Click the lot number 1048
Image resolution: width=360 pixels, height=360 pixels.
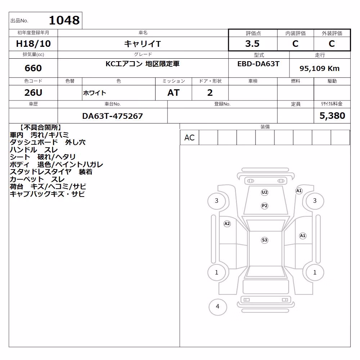tap(64, 21)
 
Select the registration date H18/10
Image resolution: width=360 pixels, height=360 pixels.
tap(33, 44)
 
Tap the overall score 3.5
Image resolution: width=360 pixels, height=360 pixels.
tap(252, 44)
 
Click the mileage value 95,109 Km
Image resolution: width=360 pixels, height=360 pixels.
tap(319, 68)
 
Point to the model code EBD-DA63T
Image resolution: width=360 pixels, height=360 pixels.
tap(258, 64)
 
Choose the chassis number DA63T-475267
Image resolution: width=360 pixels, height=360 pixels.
tap(112, 116)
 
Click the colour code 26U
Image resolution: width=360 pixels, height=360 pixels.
tap(33, 93)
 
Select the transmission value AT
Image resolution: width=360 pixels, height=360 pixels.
tap(174, 93)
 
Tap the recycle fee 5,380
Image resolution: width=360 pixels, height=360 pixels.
tap(332, 116)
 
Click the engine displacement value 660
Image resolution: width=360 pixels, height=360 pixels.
tap(33, 68)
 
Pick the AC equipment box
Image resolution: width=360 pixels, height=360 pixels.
tap(189, 138)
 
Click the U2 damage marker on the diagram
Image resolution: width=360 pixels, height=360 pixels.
tap(265, 192)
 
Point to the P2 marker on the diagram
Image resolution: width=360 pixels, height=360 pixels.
tap(265, 206)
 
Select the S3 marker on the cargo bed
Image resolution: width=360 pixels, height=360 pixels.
tap(265, 240)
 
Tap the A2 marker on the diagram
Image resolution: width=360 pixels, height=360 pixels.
tap(227, 224)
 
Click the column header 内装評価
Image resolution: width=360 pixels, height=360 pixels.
tap(296, 33)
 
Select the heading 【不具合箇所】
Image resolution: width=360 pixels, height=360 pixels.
tap(40, 128)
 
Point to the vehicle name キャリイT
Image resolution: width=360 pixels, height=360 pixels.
tap(143, 44)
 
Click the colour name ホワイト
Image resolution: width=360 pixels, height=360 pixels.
tap(95, 93)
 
